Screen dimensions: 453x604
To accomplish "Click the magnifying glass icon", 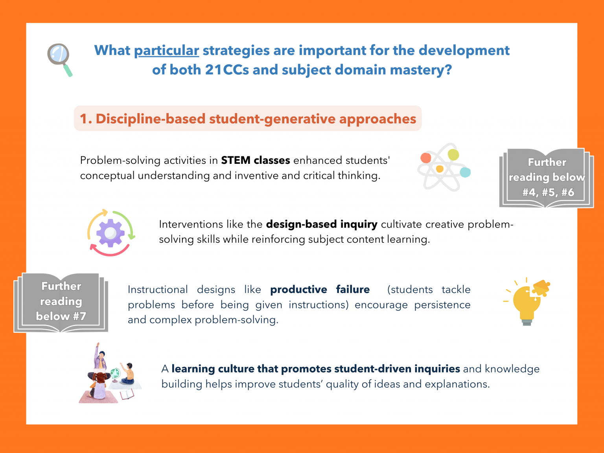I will tap(59, 59).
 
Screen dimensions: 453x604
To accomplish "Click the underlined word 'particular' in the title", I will tap(166, 51).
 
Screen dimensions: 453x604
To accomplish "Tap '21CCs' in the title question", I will tap(227, 70).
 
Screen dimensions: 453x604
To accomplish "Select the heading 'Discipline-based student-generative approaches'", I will tap(248, 119).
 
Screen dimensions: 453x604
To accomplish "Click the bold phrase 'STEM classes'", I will tap(255, 160).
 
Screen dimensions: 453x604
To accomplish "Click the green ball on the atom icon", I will tap(453, 154).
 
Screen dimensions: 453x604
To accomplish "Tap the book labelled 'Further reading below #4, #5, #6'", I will tap(546, 178).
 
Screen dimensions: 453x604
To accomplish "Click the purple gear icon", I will tap(110, 233).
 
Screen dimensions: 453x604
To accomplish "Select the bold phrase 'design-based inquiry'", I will tap(321, 224).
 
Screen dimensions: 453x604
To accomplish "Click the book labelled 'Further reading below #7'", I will tap(61, 302).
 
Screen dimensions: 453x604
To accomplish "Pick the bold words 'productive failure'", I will tap(320, 290).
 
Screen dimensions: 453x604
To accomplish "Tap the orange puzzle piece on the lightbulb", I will tap(541, 288).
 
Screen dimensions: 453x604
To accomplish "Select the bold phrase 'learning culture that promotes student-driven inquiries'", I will tap(315, 369).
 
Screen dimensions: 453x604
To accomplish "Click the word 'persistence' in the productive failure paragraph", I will tap(442, 305).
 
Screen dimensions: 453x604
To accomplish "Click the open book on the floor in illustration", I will tap(127, 394).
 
